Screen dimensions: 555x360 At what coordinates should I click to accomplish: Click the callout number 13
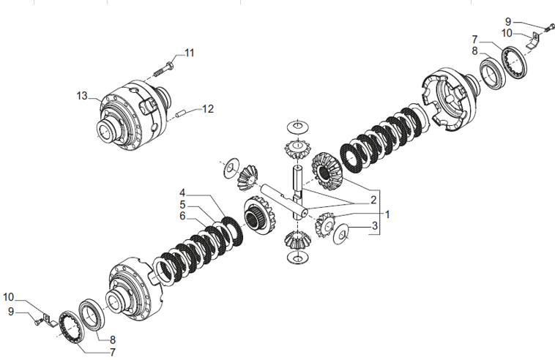[x=82, y=96]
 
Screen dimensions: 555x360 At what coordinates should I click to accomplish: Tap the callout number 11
[x=190, y=53]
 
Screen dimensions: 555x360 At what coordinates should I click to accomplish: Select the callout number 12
[x=208, y=109]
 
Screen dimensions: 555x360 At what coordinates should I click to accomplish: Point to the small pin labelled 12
[x=182, y=114]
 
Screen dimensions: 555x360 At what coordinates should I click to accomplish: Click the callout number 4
[x=182, y=193]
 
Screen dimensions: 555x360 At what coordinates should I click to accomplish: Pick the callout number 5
[x=182, y=205]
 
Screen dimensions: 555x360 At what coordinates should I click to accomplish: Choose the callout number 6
[x=182, y=216]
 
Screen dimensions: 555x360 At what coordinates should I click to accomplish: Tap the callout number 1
[x=387, y=214]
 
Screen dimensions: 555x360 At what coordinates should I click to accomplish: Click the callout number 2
[x=373, y=200]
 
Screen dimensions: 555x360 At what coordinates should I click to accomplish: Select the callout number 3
[x=375, y=225]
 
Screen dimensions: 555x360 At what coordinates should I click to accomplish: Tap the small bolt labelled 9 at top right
[x=550, y=27]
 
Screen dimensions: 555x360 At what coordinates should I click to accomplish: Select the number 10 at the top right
[x=507, y=33]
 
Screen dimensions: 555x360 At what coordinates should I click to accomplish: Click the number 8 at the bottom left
[x=113, y=340]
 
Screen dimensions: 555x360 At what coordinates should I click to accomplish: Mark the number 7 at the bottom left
[x=113, y=352]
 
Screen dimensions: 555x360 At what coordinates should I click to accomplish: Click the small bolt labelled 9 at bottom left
[x=38, y=322]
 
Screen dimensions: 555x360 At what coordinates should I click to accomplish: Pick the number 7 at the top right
[x=474, y=40]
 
